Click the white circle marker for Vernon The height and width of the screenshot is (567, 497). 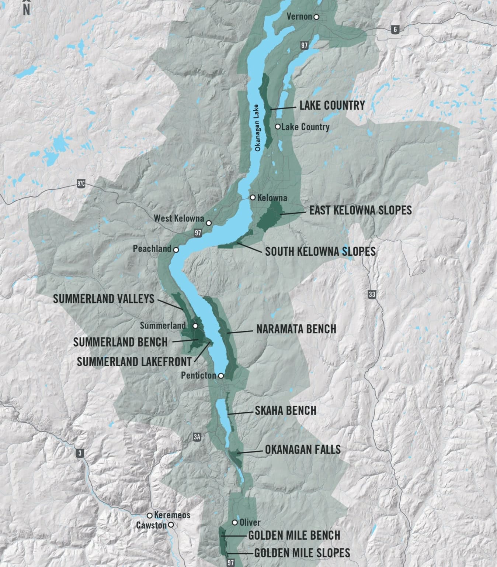tap(316, 17)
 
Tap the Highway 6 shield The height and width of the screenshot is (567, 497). tap(395, 30)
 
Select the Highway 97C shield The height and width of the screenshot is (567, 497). tap(81, 183)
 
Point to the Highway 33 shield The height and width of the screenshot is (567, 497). tap(372, 295)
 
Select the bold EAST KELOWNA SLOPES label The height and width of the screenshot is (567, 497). tap(360, 210)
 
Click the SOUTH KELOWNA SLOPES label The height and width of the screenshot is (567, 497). tap(320, 252)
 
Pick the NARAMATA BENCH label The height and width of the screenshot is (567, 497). tap(296, 329)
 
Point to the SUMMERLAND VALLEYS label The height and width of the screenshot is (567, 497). tap(104, 299)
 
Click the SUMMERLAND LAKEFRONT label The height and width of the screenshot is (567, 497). tap(134, 362)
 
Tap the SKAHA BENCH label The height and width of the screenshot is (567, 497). tap(285, 410)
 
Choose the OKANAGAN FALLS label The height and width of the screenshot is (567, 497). tap(303, 450)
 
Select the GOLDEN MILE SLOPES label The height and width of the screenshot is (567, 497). tap(302, 553)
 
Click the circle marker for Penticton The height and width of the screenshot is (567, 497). tap(220, 376)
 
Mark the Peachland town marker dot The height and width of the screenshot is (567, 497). tap(176, 250)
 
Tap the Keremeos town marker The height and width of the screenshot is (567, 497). tap(150, 515)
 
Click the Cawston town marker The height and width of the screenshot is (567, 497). tap(170, 525)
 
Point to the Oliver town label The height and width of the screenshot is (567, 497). tap(250, 522)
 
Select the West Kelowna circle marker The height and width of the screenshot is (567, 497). tap(209, 223)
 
